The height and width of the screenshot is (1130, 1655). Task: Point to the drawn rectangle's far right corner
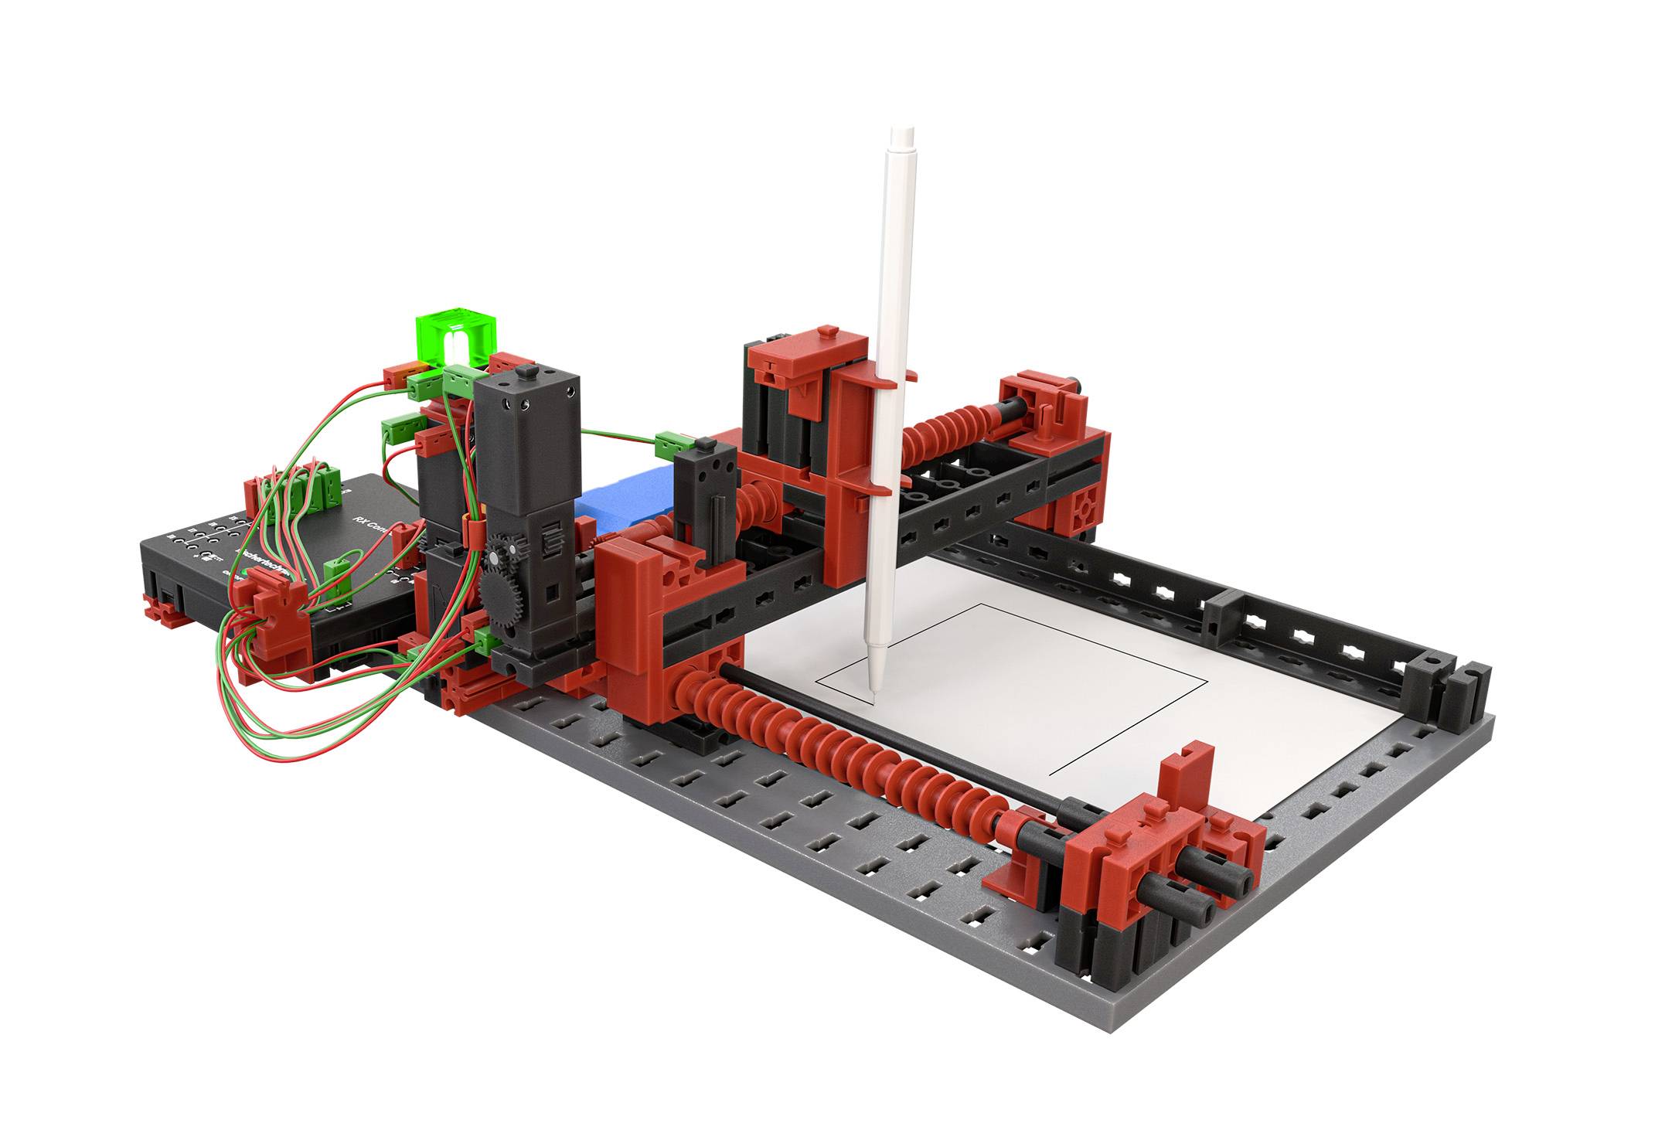(1207, 682)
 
